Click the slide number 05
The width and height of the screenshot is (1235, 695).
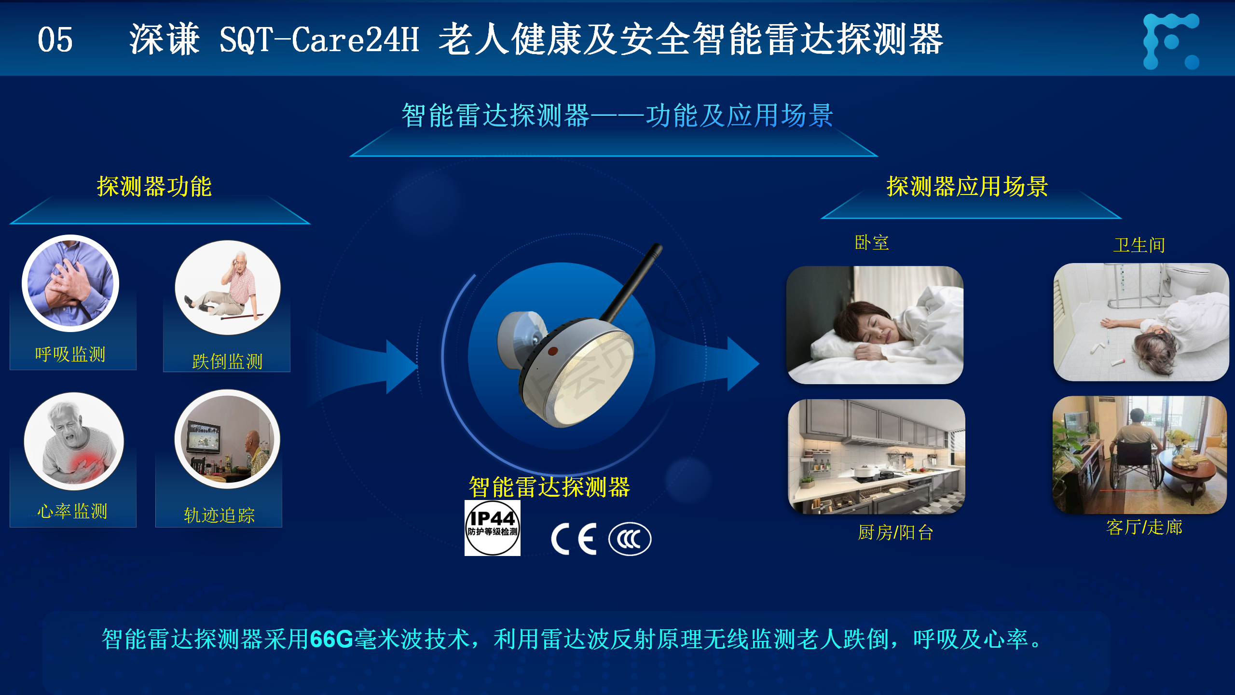tap(55, 40)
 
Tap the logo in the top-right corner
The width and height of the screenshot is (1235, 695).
tap(1171, 41)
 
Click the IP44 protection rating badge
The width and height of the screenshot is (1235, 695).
tap(492, 528)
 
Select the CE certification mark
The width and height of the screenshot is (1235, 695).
tap(574, 539)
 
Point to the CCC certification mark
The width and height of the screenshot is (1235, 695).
tap(630, 539)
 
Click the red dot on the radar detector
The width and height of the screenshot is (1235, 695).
tap(553, 351)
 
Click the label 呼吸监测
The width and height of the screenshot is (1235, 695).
tap(70, 354)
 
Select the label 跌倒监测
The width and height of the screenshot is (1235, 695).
tap(227, 361)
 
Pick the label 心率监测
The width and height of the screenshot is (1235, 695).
tap(72, 511)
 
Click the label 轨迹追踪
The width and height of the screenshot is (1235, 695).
tap(219, 515)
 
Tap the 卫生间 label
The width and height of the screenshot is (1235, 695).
tap(1139, 245)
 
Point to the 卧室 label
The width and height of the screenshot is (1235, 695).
tap(872, 242)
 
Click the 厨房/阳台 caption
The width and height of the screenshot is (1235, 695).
tap(895, 533)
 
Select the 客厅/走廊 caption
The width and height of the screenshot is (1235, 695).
tap(1144, 527)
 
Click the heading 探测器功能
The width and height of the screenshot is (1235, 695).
tap(154, 187)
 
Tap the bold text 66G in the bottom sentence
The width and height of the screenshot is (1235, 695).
tap(332, 639)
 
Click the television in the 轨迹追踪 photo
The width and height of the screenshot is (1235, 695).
tap(205, 436)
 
